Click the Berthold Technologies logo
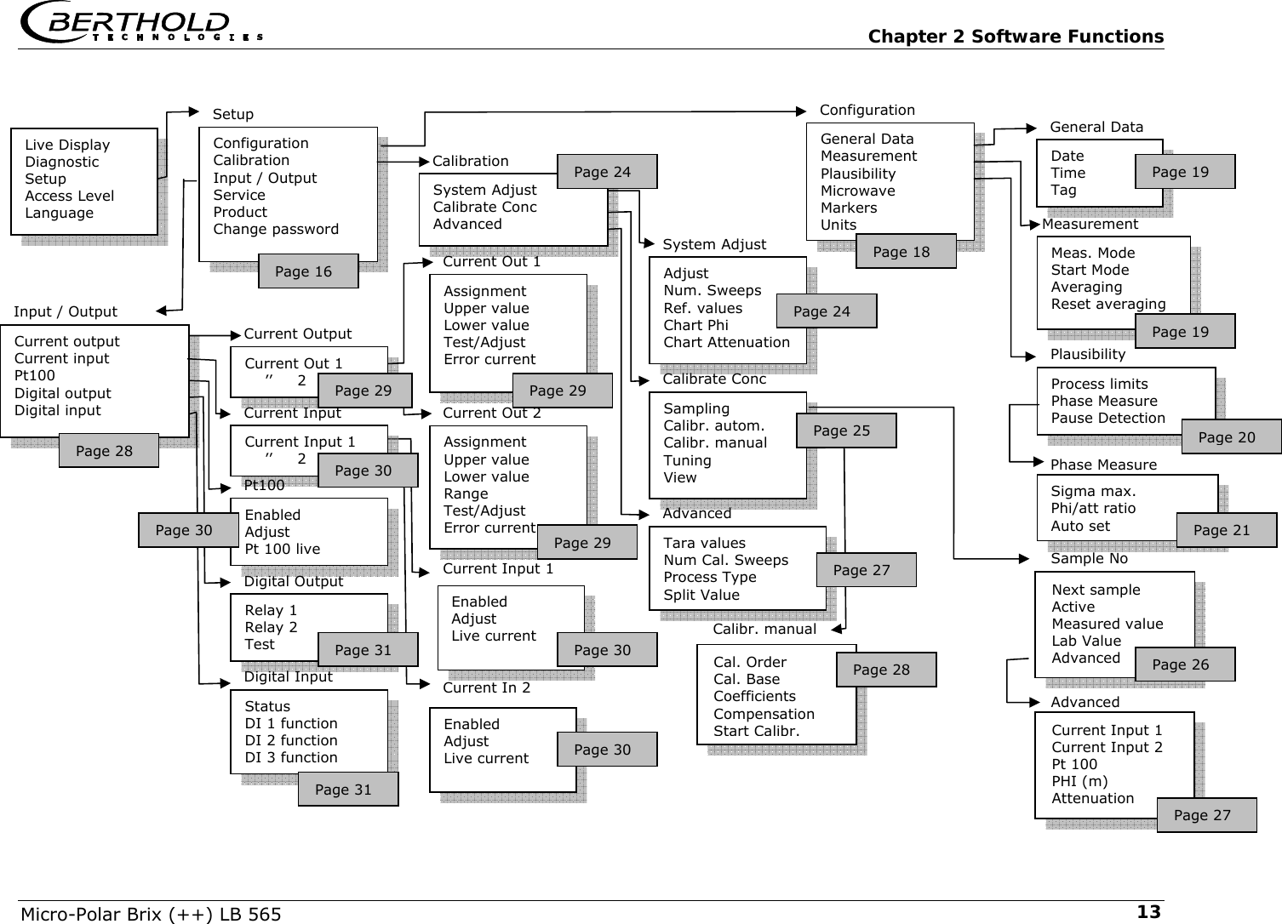(x=140, y=23)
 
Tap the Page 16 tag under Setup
(x=307, y=271)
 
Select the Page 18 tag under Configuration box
(x=905, y=252)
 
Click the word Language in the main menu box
(x=60, y=213)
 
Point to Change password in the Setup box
(x=276, y=229)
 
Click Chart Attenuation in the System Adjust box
(x=726, y=342)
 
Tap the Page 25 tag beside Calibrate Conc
(x=845, y=431)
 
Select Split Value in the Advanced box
(x=701, y=595)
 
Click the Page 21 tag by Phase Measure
(x=1226, y=530)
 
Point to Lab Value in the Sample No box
(x=1086, y=641)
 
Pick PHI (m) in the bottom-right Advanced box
(x=1079, y=781)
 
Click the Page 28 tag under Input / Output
(x=108, y=451)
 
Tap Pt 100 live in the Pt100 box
(x=283, y=549)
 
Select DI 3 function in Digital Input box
(x=291, y=757)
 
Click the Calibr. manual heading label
(x=764, y=630)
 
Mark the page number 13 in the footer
(x=1148, y=912)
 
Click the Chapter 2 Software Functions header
(x=1015, y=37)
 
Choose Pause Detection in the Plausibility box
(x=1107, y=418)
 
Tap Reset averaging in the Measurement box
(x=1107, y=304)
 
